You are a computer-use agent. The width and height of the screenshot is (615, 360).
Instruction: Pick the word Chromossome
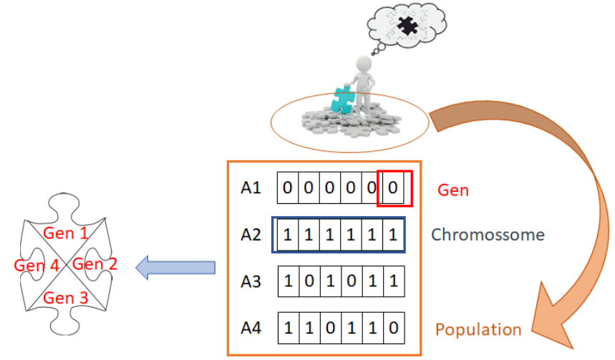(488, 235)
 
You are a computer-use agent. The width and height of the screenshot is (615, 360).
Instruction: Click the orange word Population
(478, 330)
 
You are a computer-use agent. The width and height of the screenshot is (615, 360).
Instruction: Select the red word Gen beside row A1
(452, 190)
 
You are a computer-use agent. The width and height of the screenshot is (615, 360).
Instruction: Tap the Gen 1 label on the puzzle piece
(65, 233)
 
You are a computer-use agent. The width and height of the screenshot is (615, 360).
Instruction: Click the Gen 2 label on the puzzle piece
(95, 264)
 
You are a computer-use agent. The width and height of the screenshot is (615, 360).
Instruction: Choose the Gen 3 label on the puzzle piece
(65, 296)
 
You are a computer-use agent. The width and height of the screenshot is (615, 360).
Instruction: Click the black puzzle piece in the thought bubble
(408, 28)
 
